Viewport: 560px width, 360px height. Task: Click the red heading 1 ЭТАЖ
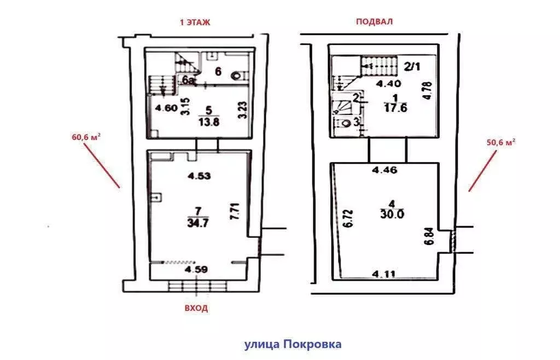195,22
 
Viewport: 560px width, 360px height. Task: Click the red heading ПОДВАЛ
374,21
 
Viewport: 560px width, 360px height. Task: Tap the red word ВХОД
196,308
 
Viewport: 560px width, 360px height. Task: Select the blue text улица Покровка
293,344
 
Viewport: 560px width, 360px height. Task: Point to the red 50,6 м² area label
501,142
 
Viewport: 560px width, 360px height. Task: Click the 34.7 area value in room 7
197,223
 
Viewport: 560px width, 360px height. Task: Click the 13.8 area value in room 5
209,122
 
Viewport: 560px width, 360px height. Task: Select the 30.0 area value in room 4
392,214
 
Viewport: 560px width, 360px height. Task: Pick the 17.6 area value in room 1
395,108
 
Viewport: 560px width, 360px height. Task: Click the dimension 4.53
199,176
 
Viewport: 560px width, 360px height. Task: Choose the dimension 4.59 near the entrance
196,269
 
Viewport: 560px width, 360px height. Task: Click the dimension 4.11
384,274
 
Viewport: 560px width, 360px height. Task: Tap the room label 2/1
412,66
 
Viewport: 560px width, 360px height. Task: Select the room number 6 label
218,72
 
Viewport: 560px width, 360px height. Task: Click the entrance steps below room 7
197,286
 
